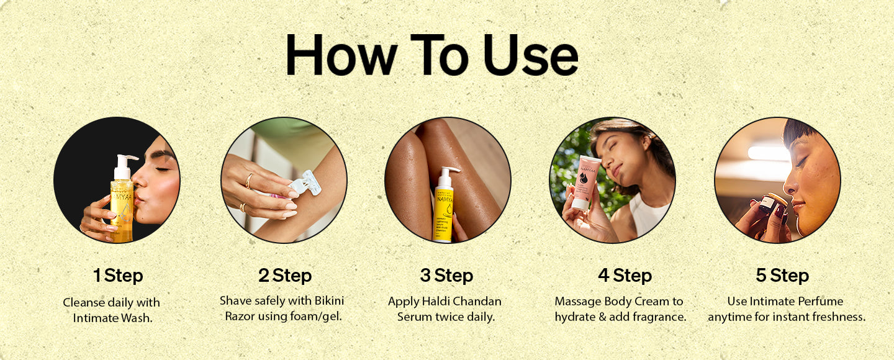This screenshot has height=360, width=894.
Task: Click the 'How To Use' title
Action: point(431,56)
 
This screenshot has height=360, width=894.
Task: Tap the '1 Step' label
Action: point(117,276)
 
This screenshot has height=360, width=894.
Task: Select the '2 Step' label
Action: point(285,276)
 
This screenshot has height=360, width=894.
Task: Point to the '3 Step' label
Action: point(446,276)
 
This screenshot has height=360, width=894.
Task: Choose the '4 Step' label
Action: point(625,276)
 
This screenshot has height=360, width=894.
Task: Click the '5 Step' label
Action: point(782,276)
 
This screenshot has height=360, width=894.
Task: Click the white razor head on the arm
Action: point(307,184)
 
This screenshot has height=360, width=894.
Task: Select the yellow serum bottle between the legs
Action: point(443,208)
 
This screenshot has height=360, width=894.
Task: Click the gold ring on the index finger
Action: point(249,181)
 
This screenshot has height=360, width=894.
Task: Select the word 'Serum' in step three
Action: point(414,317)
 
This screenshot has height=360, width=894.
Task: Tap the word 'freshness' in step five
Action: point(836,317)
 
